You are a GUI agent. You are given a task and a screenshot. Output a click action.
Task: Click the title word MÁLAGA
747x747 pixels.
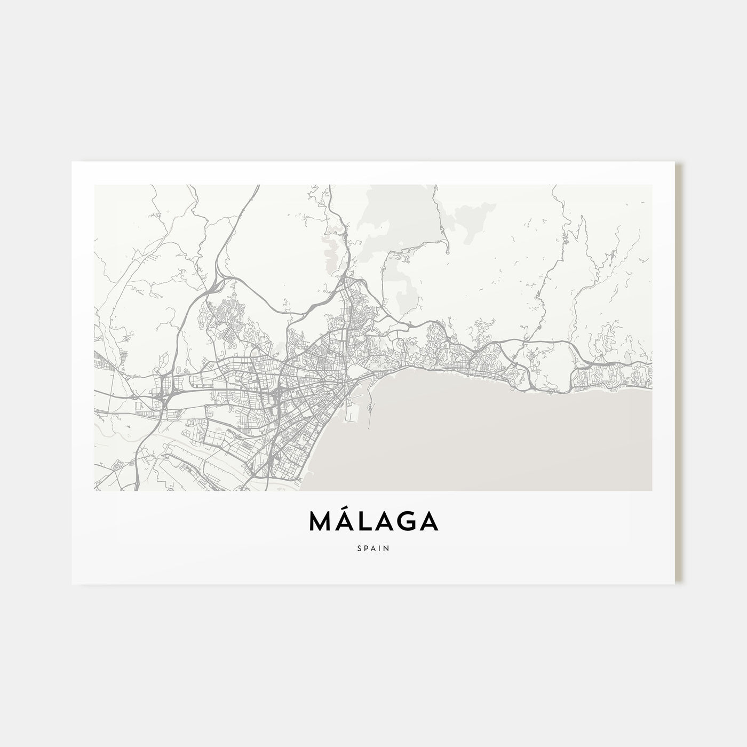point(373,522)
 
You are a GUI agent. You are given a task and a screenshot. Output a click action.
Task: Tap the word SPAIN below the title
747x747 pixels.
point(373,547)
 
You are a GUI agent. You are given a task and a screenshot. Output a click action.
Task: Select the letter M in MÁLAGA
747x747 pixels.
point(321,522)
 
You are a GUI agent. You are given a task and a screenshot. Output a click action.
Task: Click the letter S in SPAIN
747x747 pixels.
point(360,547)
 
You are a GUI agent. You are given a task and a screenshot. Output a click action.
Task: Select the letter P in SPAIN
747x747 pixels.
point(367,547)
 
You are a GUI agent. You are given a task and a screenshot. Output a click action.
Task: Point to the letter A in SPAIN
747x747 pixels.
point(373,547)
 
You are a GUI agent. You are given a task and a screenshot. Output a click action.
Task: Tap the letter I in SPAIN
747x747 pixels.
point(379,547)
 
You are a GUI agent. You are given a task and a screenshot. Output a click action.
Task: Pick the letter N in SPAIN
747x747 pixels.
point(386,547)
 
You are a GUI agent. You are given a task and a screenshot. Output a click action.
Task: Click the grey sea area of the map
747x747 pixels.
point(480,438)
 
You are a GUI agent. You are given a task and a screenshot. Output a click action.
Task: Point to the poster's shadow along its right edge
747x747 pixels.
point(678,373)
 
